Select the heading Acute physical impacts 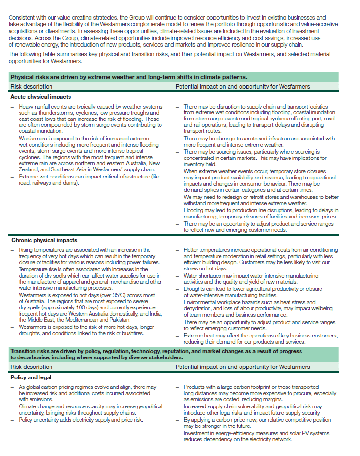click(40, 96)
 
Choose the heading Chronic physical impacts click(44, 240)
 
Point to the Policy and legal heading click(32, 377)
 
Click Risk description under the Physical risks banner click(31, 87)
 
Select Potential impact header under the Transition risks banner click(242, 367)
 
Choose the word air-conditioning click(320, 250)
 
